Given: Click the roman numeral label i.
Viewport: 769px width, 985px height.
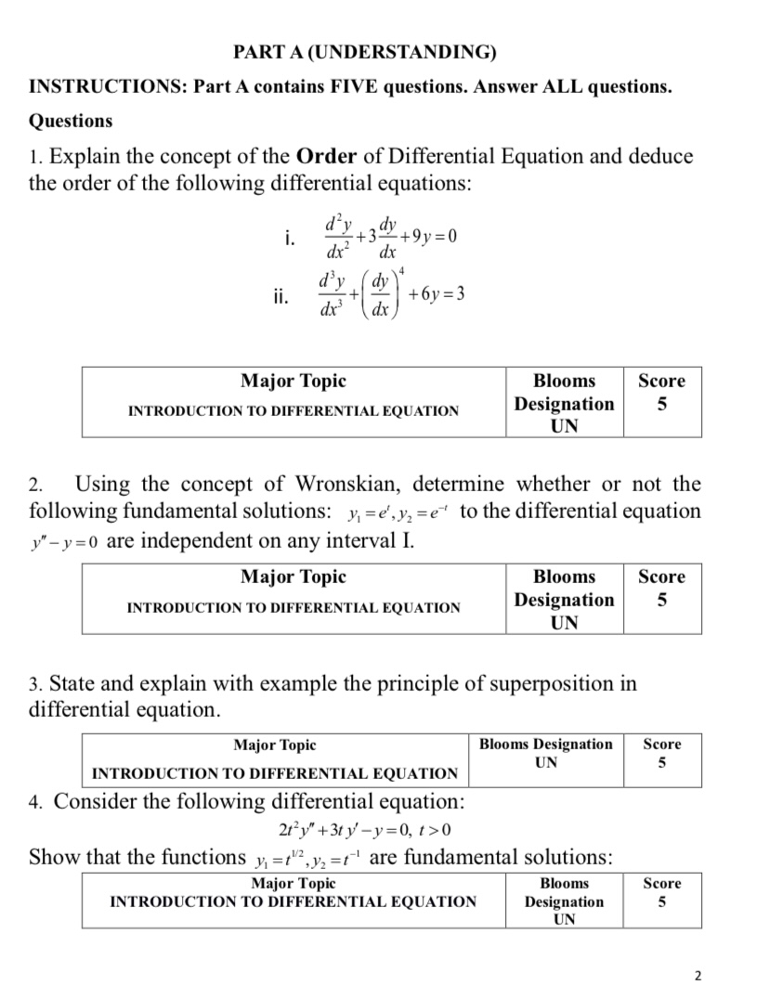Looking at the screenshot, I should tap(290, 239).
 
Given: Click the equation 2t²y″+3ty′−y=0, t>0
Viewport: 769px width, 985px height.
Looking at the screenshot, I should tap(358, 829).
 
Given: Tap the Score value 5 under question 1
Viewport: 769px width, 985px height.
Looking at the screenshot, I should tap(662, 404).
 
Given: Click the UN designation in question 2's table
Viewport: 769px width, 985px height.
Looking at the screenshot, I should tap(564, 623).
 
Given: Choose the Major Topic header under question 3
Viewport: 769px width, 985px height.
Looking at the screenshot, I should tap(274, 745).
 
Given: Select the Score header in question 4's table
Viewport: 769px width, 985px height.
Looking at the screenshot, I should tap(661, 883).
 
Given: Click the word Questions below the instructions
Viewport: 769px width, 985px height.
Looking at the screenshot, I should tap(71, 121).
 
